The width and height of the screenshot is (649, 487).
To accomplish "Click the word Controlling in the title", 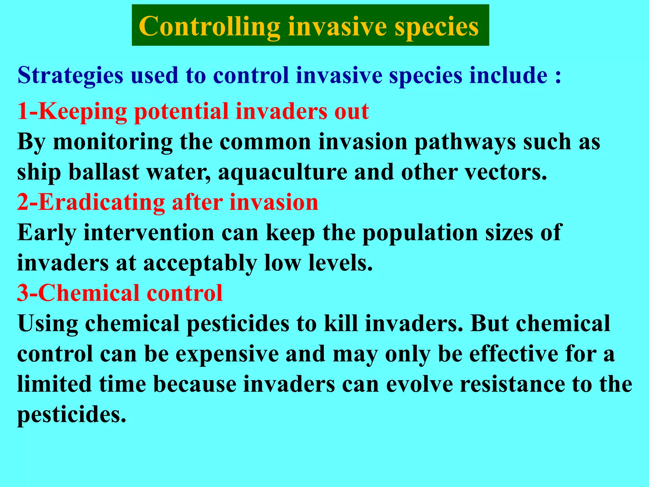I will (209, 27).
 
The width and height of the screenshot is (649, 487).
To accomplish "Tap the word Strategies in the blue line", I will (70, 75).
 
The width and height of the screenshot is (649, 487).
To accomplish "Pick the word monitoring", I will (113, 142).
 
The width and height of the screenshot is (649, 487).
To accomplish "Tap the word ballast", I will (104, 172).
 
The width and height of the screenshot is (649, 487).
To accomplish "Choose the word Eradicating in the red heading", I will (101, 202).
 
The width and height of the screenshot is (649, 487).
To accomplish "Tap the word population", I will (420, 233).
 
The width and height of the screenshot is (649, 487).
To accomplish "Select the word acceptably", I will (200, 263).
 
